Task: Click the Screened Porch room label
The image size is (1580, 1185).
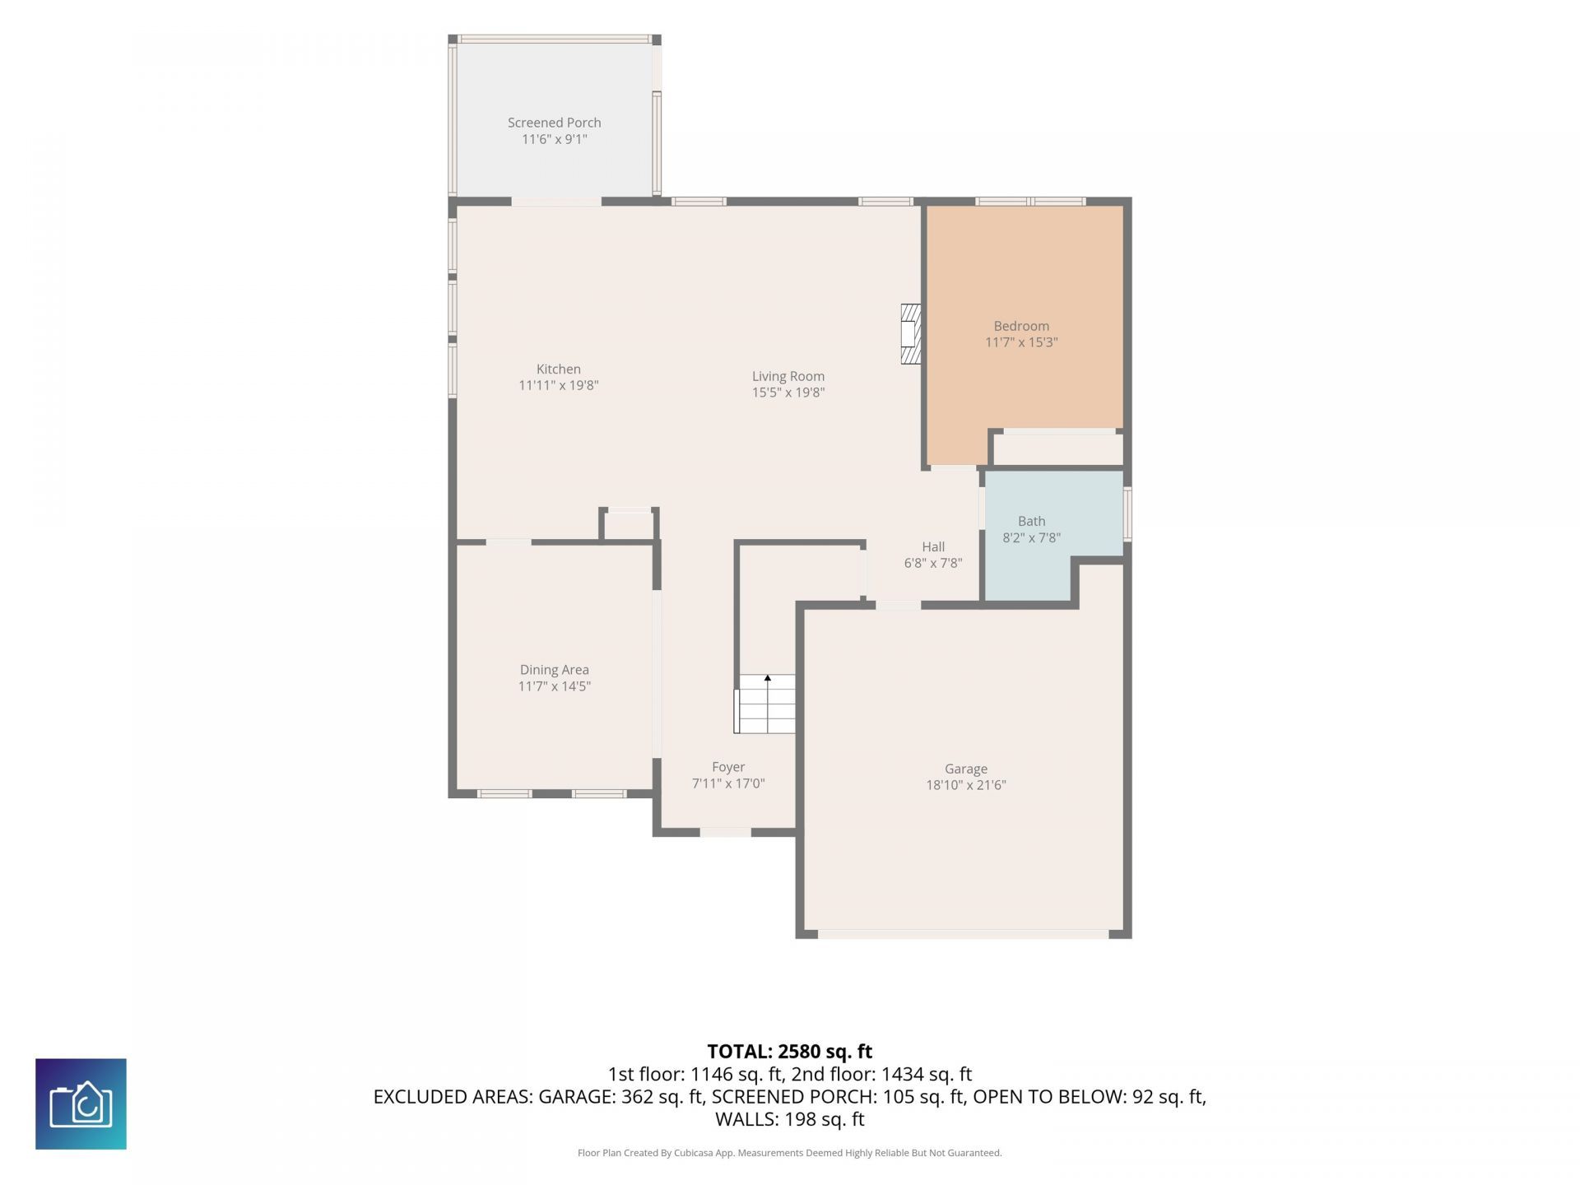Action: pyautogui.click(x=554, y=123)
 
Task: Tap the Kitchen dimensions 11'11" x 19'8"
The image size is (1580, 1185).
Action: pyautogui.click(x=558, y=385)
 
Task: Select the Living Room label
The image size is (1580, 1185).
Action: pyautogui.click(x=788, y=376)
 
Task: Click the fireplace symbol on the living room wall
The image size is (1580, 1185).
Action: pyautogui.click(x=910, y=333)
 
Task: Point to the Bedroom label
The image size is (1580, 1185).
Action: pyautogui.click(x=1021, y=326)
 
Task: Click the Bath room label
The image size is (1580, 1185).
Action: pyautogui.click(x=1031, y=521)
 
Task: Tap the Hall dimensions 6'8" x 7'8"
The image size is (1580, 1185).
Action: pyautogui.click(x=933, y=563)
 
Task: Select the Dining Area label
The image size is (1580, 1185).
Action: pyautogui.click(x=554, y=670)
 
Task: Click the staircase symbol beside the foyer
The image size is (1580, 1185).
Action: pyautogui.click(x=765, y=704)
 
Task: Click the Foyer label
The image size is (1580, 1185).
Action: pyautogui.click(x=728, y=767)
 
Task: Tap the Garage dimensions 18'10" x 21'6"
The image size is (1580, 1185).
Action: pyautogui.click(x=966, y=785)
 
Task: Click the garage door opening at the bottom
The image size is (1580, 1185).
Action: pyautogui.click(x=963, y=934)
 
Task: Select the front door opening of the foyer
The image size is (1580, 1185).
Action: pyautogui.click(x=725, y=832)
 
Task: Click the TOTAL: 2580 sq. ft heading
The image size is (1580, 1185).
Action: pyautogui.click(x=790, y=1052)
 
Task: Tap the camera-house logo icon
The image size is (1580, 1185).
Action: pyautogui.click(x=81, y=1104)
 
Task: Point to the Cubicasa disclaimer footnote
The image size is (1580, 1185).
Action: pyautogui.click(x=790, y=1153)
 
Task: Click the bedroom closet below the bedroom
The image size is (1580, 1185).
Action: pyautogui.click(x=1057, y=448)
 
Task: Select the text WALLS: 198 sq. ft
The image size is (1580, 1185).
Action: pyautogui.click(x=790, y=1119)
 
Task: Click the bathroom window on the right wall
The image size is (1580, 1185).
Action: pyautogui.click(x=1127, y=514)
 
